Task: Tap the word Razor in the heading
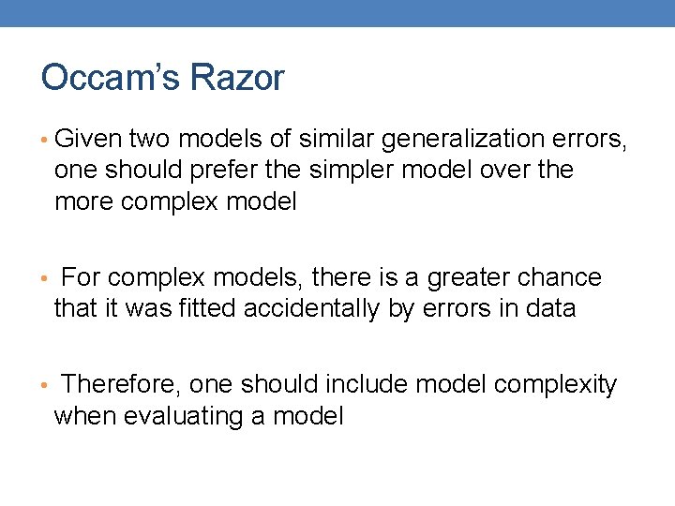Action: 236,79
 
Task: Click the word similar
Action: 336,140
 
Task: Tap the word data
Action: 549,308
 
